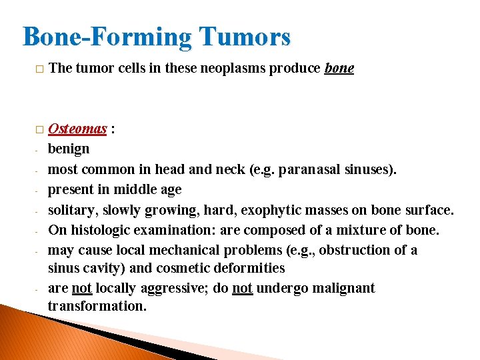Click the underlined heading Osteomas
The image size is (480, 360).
(77, 129)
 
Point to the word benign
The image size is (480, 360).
(68, 149)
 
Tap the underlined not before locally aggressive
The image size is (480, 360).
(81, 288)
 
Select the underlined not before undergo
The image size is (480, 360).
(242, 288)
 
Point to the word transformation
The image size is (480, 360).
(97, 306)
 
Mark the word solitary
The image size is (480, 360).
(70, 210)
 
